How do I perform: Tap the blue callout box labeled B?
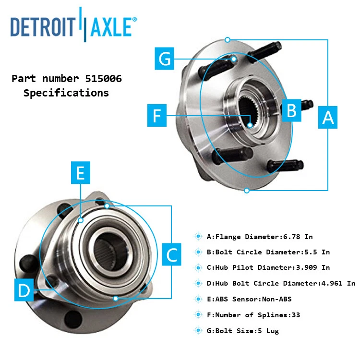tap(291, 110)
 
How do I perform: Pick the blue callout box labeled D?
tap(24, 290)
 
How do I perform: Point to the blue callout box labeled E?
tap(80, 173)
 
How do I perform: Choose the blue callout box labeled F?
tap(156, 116)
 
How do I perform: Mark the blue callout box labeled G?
tap(165, 59)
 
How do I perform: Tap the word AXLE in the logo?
tap(111, 27)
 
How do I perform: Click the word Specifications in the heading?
tap(66, 93)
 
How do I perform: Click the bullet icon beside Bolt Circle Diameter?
tap(198, 252)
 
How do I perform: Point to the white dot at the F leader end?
tap(250, 125)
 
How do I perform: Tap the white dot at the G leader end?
tap(234, 60)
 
